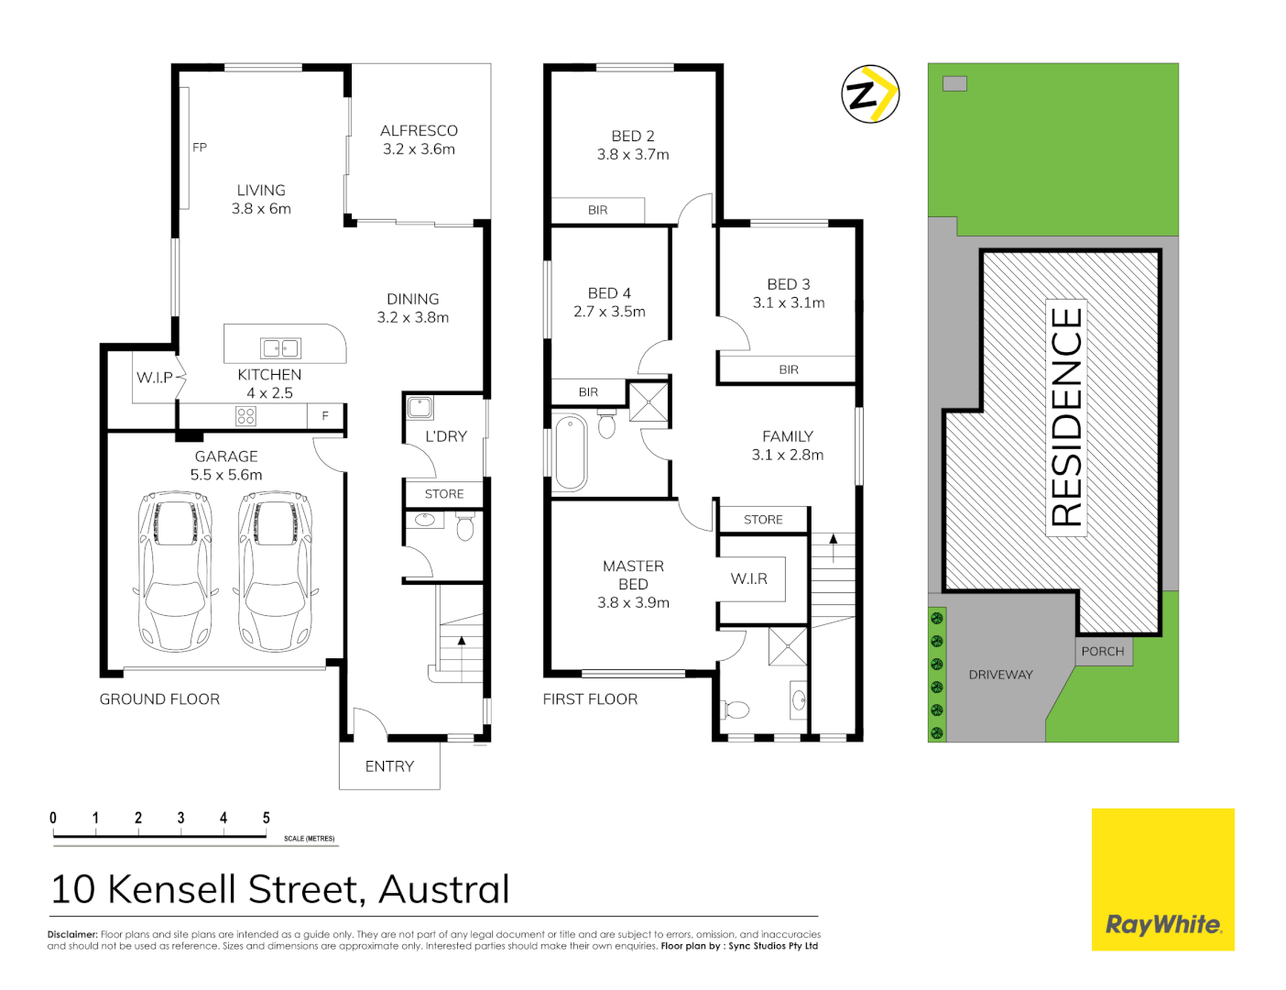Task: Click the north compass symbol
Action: (x=870, y=93)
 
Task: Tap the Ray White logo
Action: (x=1162, y=924)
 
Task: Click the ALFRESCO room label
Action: (x=419, y=131)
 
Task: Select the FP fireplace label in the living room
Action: (x=200, y=148)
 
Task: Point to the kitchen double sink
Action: (x=280, y=348)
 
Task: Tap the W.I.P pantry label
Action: (x=155, y=378)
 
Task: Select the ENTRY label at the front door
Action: (x=389, y=766)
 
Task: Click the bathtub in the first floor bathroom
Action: (x=571, y=452)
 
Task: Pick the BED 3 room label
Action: (x=789, y=284)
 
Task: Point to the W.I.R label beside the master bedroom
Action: (x=749, y=579)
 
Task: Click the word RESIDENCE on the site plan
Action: (x=1067, y=417)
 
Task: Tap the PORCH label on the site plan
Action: (x=1103, y=652)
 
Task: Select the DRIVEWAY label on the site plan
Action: (x=1000, y=675)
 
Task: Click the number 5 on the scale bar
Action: (x=267, y=818)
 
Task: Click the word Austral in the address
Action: (x=444, y=889)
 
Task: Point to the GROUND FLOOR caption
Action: (x=159, y=699)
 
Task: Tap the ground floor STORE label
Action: (x=444, y=494)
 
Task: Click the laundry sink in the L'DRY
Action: (x=420, y=407)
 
